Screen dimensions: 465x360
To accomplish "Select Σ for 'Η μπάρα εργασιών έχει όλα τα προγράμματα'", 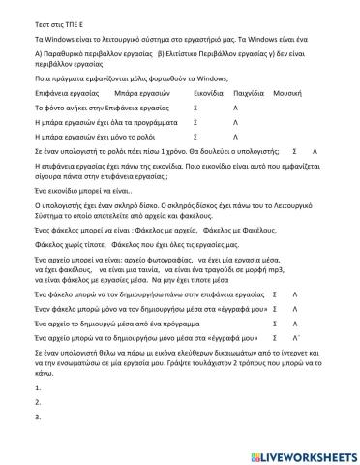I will (195, 126).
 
